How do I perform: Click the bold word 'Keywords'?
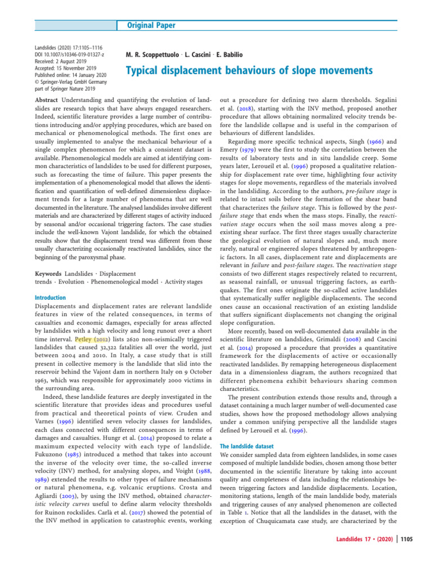(x=49, y=273)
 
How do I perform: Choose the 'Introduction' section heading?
(x=50, y=298)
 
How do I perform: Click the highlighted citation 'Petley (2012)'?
(x=93, y=340)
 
